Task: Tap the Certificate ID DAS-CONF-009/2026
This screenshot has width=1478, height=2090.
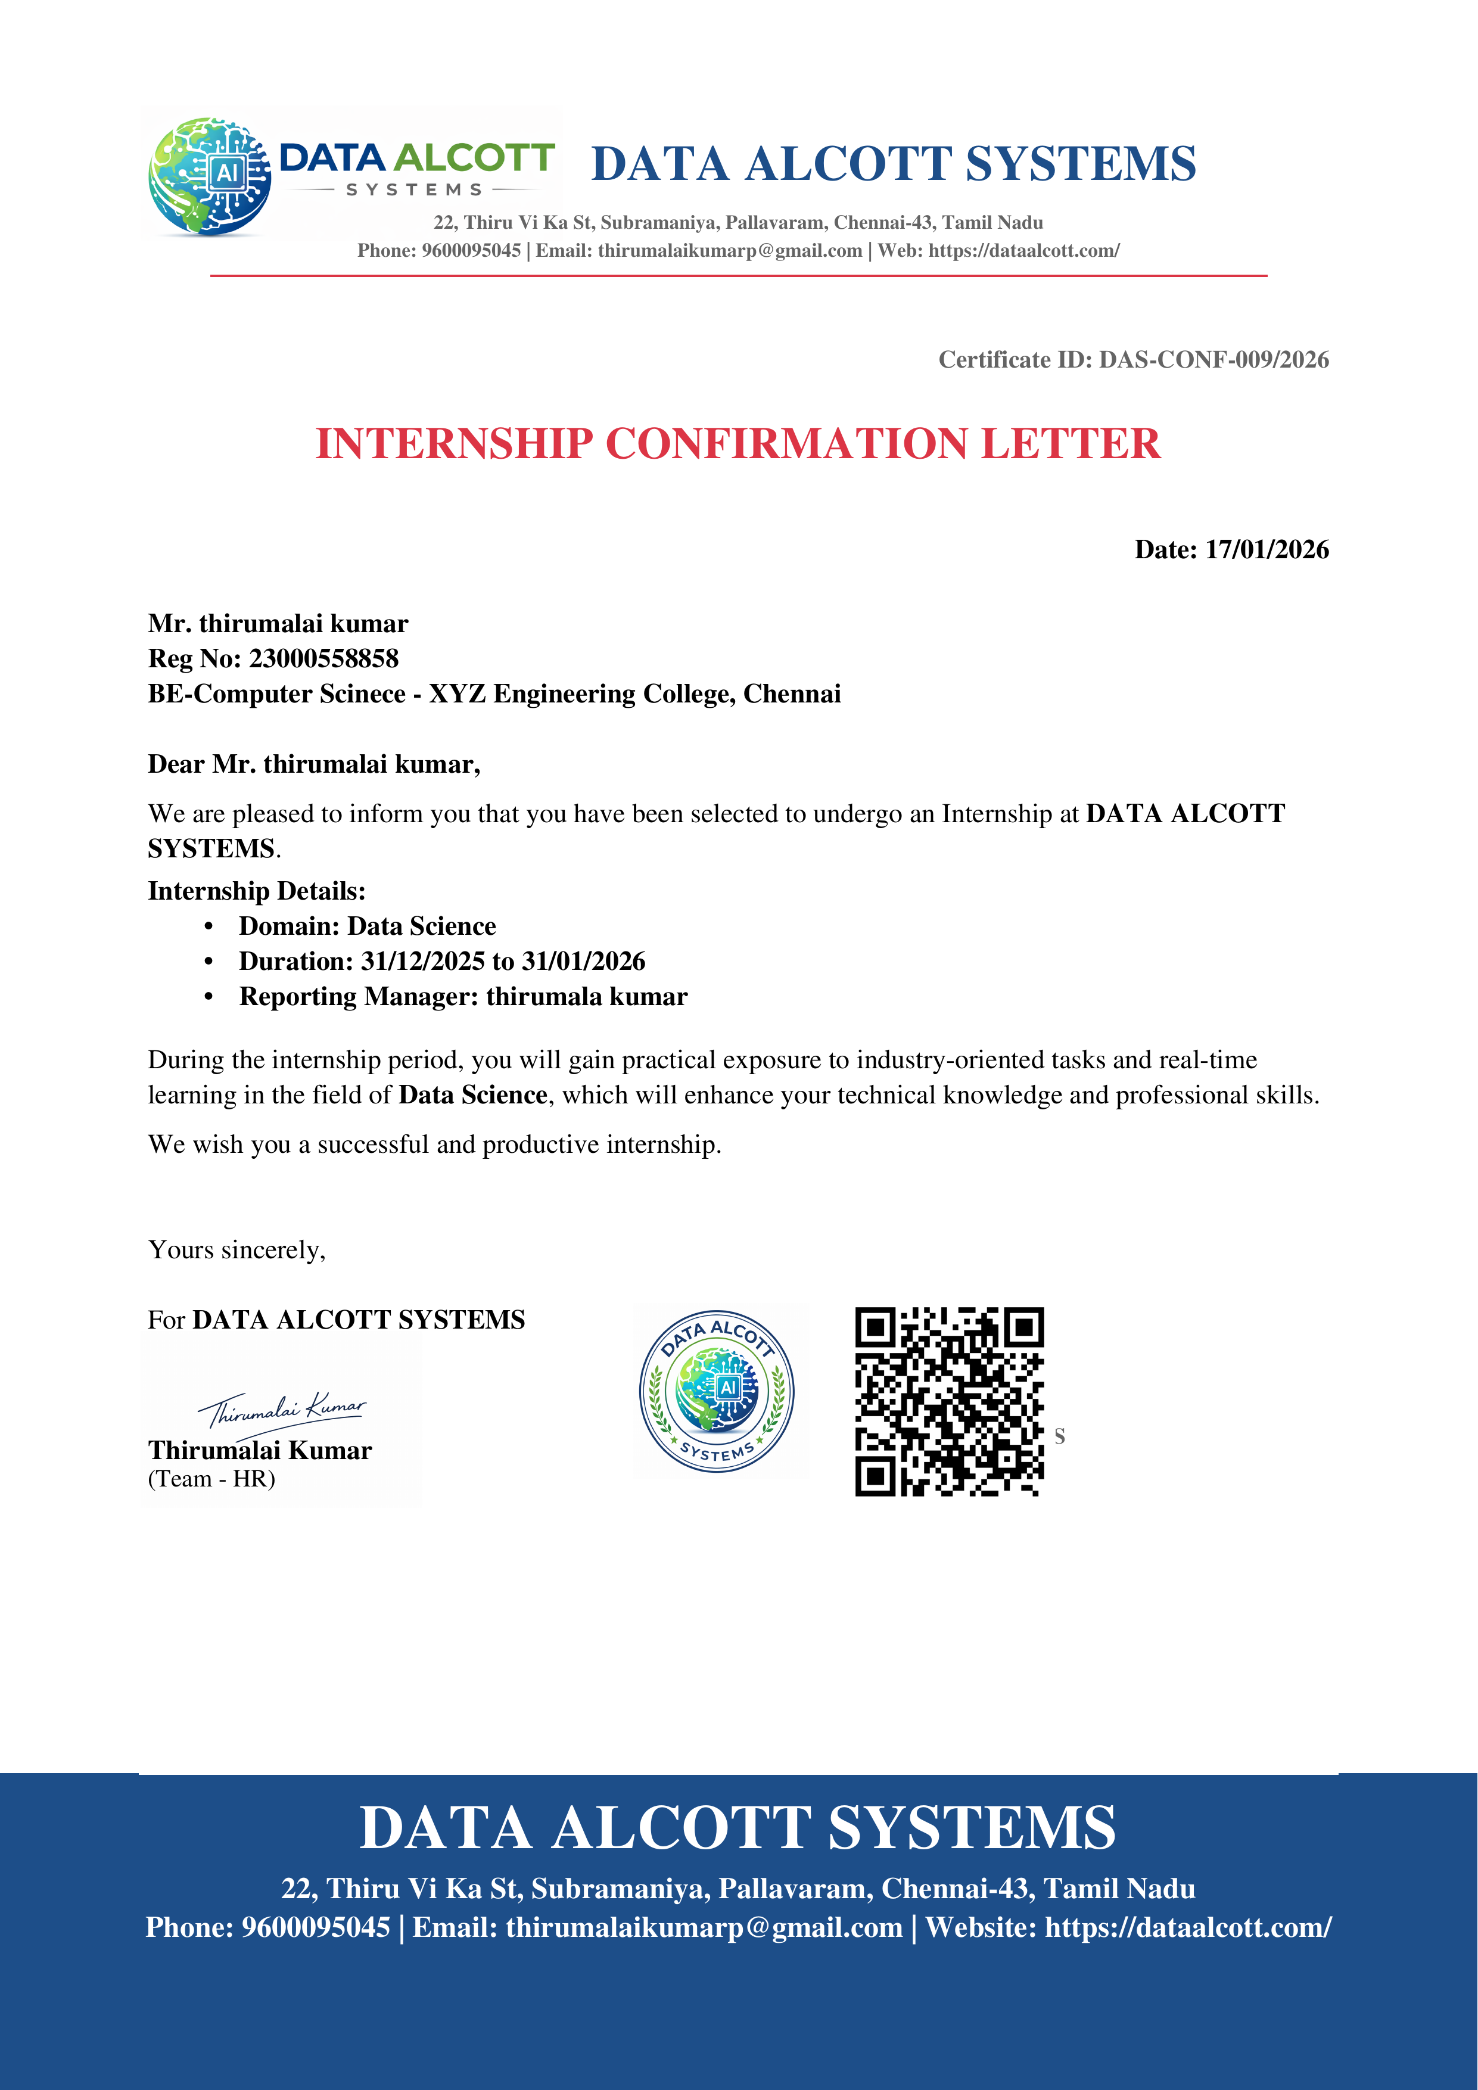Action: [x=1212, y=360]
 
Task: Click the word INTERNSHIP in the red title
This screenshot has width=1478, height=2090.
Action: [x=454, y=444]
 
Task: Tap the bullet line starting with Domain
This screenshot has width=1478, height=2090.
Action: [x=367, y=926]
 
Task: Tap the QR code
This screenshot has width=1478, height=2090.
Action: [x=948, y=1402]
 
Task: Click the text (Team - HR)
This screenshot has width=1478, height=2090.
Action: [x=211, y=1479]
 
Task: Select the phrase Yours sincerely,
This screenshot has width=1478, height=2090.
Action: [x=237, y=1250]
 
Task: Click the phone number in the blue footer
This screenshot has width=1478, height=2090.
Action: [x=315, y=1927]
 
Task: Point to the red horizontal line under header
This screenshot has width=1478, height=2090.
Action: [x=738, y=275]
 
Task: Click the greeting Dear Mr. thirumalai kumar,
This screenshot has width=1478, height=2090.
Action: [x=314, y=764]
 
